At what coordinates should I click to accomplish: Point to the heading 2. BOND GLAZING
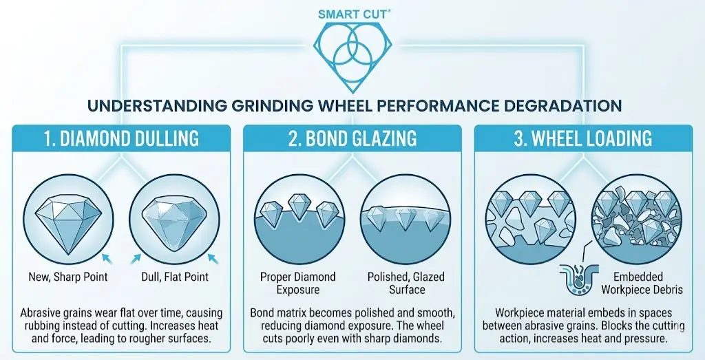coord(352,138)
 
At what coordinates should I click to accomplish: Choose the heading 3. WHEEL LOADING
coord(583,138)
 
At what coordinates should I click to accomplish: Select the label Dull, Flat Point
coord(174,276)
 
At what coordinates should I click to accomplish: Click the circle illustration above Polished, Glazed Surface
coord(406,219)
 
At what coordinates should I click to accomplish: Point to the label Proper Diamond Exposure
coord(297,283)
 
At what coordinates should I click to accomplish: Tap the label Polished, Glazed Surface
coord(406,283)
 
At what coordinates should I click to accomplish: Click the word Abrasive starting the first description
coord(39,313)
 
